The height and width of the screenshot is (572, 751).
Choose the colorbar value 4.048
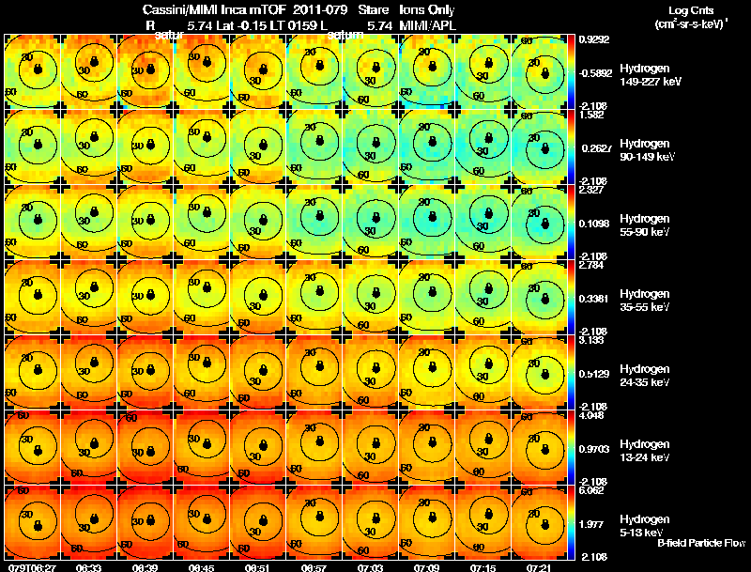tap(591, 415)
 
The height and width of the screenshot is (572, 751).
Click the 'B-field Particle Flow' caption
tap(701, 543)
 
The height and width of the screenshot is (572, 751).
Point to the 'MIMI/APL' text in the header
tap(427, 24)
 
